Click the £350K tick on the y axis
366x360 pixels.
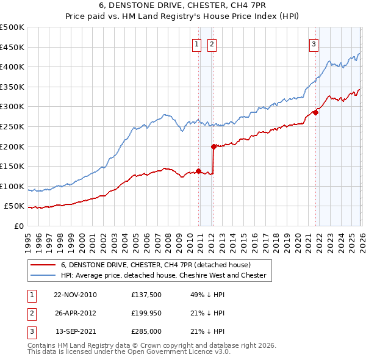(12, 87)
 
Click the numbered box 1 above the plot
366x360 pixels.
(198, 43)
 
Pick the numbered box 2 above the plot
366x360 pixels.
(212, 43)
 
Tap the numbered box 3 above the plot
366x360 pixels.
(314, 43)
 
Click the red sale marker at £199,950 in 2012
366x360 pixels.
(213, 146)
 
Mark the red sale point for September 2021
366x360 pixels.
(315, 112)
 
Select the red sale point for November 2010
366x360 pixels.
(199, 171)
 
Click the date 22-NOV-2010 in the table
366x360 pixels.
(75, 295)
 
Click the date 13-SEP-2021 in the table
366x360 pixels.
(75, 331)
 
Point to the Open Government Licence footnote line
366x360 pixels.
(129, 352)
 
